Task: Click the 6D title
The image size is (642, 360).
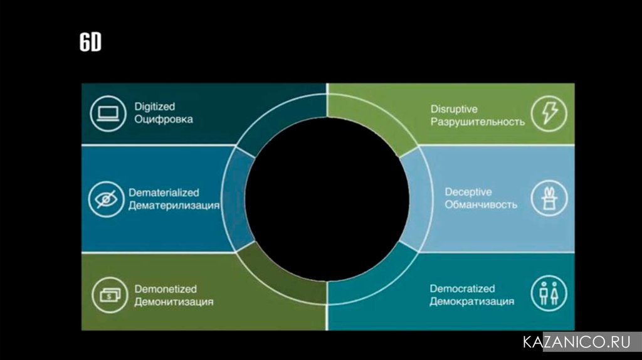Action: (x=90, y=43)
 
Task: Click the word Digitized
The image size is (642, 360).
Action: (x=154, y=107)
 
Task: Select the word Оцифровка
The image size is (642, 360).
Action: (x=163, y=119)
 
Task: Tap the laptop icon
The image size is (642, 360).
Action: (x=108, y=114)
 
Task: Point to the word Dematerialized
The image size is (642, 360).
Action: (x=164, y=193)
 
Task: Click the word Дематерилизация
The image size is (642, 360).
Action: (x=174, y=205)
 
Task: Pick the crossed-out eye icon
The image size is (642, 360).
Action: (x=106, y=199)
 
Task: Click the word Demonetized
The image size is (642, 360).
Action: (x=166, y=289)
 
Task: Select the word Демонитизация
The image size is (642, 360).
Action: (x=174, y=302)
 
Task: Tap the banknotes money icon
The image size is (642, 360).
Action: (x=108, y=295)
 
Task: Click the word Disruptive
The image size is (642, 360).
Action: (x=454, y=109)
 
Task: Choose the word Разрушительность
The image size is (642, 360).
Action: (x=477, y=122)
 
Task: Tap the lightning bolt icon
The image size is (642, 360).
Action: (x=549, y=114)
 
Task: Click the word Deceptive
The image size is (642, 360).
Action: (x=468, y=192)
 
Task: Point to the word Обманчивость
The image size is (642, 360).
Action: (x=481, y=204)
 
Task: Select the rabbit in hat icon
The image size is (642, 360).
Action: (x=549, y=199)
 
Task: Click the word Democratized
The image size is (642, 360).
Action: (x=462, y=289)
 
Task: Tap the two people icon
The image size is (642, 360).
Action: (x=549, y=294)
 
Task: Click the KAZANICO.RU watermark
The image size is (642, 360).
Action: (x=576, y=342)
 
